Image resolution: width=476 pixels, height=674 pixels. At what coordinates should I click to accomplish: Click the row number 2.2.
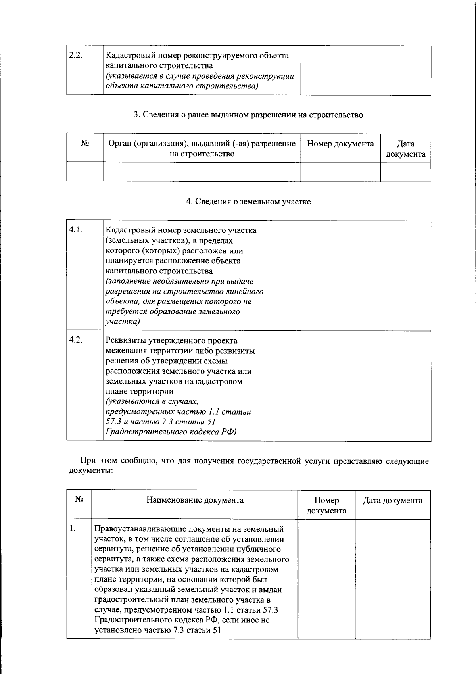75,55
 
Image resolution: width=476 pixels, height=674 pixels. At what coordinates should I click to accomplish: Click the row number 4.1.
75,230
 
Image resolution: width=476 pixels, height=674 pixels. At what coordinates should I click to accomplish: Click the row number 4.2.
75,340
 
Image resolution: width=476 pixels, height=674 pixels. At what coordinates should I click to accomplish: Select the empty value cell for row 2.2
366,70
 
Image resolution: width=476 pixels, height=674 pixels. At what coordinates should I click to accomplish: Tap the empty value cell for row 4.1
350,276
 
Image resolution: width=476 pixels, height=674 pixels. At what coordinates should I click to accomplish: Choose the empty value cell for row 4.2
350,386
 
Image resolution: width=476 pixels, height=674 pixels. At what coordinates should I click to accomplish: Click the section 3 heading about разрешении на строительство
248,115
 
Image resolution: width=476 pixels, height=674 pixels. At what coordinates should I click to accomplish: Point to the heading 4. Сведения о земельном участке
248,202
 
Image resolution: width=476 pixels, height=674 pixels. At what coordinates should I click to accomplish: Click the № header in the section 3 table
84,144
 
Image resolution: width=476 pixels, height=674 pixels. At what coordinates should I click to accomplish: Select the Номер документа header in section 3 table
340,144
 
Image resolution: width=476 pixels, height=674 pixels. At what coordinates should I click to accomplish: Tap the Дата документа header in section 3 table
405,149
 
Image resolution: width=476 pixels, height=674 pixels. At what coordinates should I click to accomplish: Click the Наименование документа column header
195,500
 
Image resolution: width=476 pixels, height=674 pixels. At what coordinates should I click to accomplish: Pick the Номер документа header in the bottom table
326,505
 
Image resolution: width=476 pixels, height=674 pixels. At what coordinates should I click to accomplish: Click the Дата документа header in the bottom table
393,501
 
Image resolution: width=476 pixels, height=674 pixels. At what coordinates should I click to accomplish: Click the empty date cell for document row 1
393,579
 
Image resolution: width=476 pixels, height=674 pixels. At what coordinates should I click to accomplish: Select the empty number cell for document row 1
326,579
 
